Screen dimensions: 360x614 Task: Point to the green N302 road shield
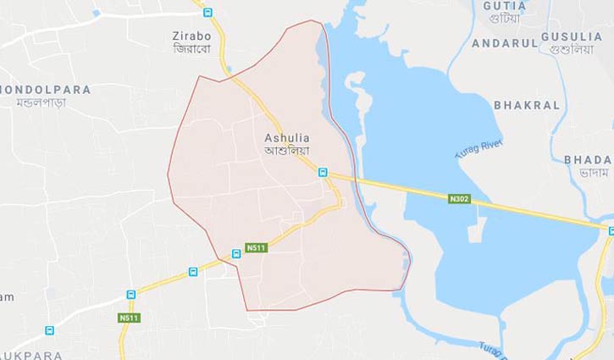[459, 198]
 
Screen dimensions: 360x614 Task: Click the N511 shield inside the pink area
[256, 247]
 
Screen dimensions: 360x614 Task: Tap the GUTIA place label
[504, 6]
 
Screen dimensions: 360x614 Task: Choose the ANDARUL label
[505, 43]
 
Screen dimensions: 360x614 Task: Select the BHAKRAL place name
[528, 106]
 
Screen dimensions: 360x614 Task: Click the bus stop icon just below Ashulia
[323, 172]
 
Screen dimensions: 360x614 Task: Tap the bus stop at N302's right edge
[610, 230]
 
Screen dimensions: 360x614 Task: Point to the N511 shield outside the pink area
[128, 318]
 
